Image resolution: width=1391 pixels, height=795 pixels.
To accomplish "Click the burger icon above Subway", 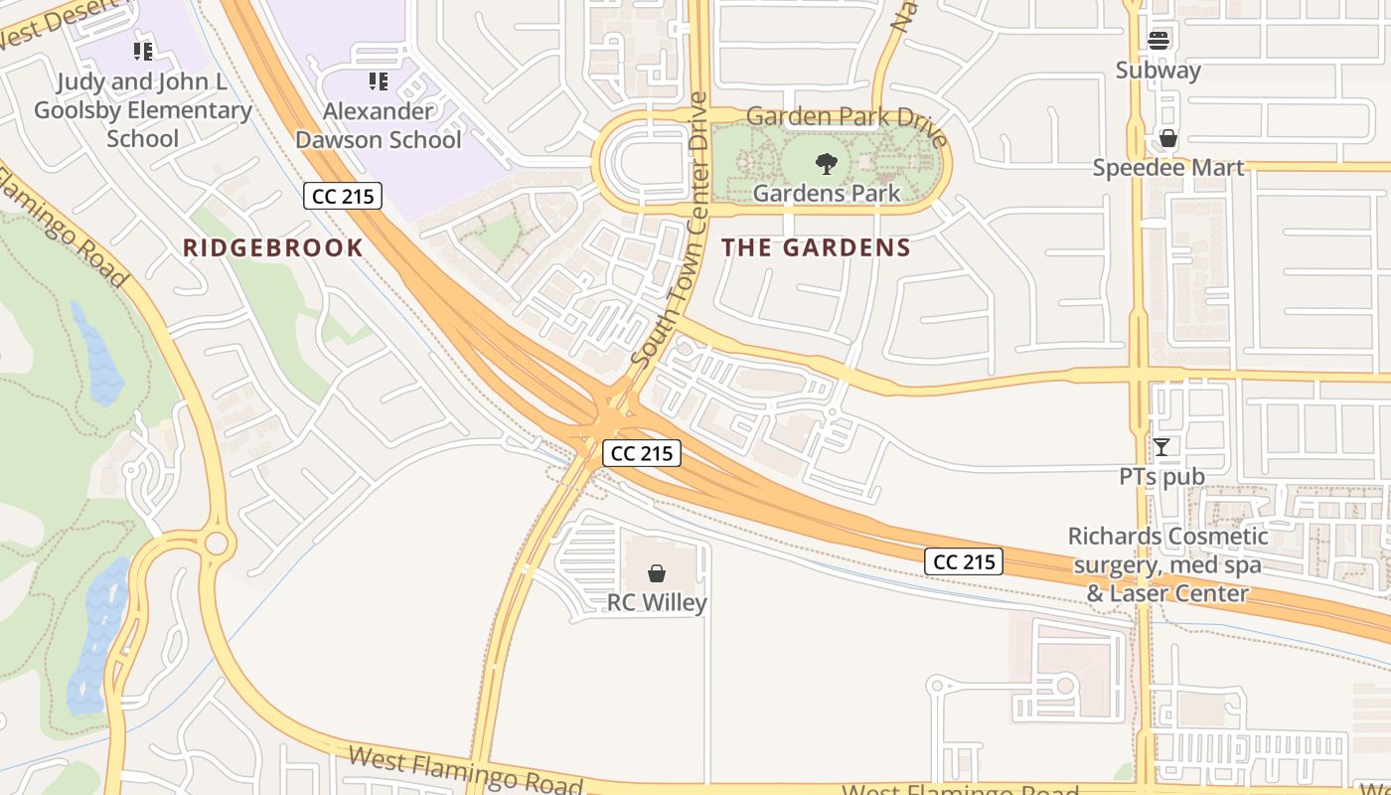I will pyautogui.click(x=1159, y=41).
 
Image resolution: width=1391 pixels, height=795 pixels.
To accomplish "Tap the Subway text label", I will pyautogui.click(x=1158, y=71).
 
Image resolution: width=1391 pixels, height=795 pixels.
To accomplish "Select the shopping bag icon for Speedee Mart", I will pyautogui.click(x=1168, y=138).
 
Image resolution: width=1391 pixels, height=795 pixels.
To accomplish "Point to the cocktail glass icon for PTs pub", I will pyautogui.click(x=1160, y=447).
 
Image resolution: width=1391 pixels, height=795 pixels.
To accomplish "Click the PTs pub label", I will pyautogui.click(x=1161, y=477).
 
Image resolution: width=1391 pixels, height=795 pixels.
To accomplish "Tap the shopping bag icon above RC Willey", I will pyautogui.click(x=657, y=573).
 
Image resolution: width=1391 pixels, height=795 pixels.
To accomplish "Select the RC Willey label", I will pyautogui.click(x=657, y=603).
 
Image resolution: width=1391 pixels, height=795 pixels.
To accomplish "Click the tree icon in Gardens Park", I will pyautogui.click(x=826, y=164).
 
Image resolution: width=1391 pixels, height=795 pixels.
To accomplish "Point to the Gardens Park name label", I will pyautogui.click(x=826, y=193).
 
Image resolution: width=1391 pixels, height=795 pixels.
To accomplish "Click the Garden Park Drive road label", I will pyautogui.click(x=848, y=116).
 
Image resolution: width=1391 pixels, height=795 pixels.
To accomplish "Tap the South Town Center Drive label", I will pyautogui.click(x=670, y=229).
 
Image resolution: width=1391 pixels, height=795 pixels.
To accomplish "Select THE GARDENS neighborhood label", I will pyautogui.click(x=816, y=247).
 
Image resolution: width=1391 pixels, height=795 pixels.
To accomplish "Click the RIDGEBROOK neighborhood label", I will pyautogui.click(x=273, y=247).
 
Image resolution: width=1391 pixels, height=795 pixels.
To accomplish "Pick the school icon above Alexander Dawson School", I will pyautogui.click(x=378, y=80).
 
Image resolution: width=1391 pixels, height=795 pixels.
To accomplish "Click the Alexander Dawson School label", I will pyautogui.click(x=378, y=125).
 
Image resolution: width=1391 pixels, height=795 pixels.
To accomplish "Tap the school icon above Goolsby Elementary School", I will pyautogui.click(x=142, y=51).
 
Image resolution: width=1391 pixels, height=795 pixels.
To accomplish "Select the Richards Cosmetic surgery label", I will pyautogui.click(x=1167, y=564).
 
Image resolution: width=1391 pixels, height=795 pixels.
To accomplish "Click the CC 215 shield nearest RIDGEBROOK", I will pyautogui.click(x=343, y=196).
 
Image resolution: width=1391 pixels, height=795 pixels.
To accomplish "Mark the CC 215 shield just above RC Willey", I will pyautogui.click(x=642, y=453).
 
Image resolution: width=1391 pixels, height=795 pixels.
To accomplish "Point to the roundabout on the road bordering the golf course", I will pyautogui.click(x=217, y=545).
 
